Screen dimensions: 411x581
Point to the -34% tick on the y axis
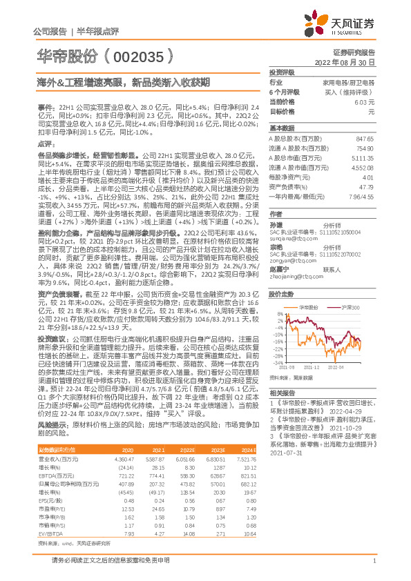pyautogui.click(x=277, y=361)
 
